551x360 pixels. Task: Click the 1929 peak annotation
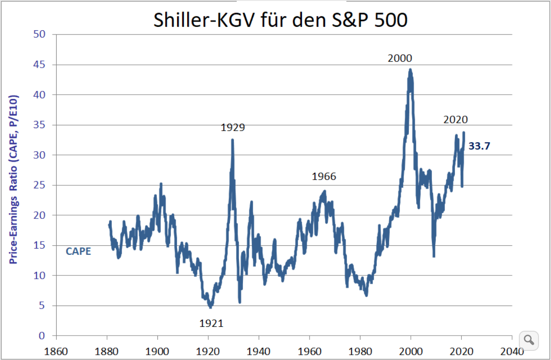click(x=233, y=128)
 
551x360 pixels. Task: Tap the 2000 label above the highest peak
click(x=400, y=59)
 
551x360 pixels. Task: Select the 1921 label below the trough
click(x=212, y=324)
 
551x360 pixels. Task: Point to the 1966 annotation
click(x=324, y=177)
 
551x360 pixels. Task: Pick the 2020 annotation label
click(x=455, y=120)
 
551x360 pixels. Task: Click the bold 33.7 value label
click(x=479, y=146)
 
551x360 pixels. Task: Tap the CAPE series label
click(x=78, y=251)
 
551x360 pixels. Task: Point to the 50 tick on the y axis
click(x=39, y=35)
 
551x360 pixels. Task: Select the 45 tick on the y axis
click(x=39, y=65)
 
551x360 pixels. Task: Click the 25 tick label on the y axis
click(x=39, y=185)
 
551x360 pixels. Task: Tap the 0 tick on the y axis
click(x=42, y=336)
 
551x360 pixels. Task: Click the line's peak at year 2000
click(x=410, y=70)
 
